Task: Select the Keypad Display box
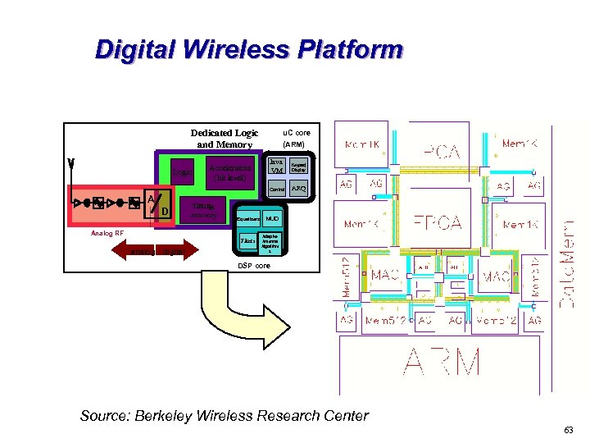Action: (x=300, y=167)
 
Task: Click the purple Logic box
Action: (x=182, y=172)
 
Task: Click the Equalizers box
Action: (x=247, y=219)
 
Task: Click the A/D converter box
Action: (x=158, y=204)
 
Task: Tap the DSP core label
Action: (x=253, y=267)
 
